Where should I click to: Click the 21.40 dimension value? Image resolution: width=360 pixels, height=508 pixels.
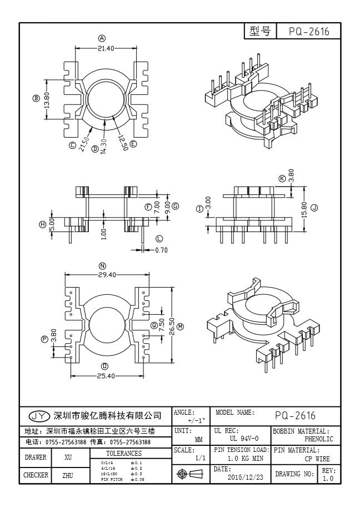coord(106,48)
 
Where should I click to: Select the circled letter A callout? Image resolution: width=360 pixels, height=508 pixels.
coord(102,38)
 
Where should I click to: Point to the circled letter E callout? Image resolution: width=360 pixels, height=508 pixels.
coord(133,144)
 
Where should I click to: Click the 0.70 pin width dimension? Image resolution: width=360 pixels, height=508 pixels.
coord(161,250)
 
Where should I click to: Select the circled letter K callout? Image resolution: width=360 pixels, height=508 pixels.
coord(282,178)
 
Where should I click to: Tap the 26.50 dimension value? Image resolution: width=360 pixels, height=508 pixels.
coord(172,324)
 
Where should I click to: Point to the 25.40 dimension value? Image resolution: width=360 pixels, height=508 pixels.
coord(106,376)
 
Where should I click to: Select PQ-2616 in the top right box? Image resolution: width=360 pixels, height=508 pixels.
coord(309,32)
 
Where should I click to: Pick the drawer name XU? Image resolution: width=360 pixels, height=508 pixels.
coord(68,458)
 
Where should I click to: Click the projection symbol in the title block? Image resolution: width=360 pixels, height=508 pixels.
coord(190,474)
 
